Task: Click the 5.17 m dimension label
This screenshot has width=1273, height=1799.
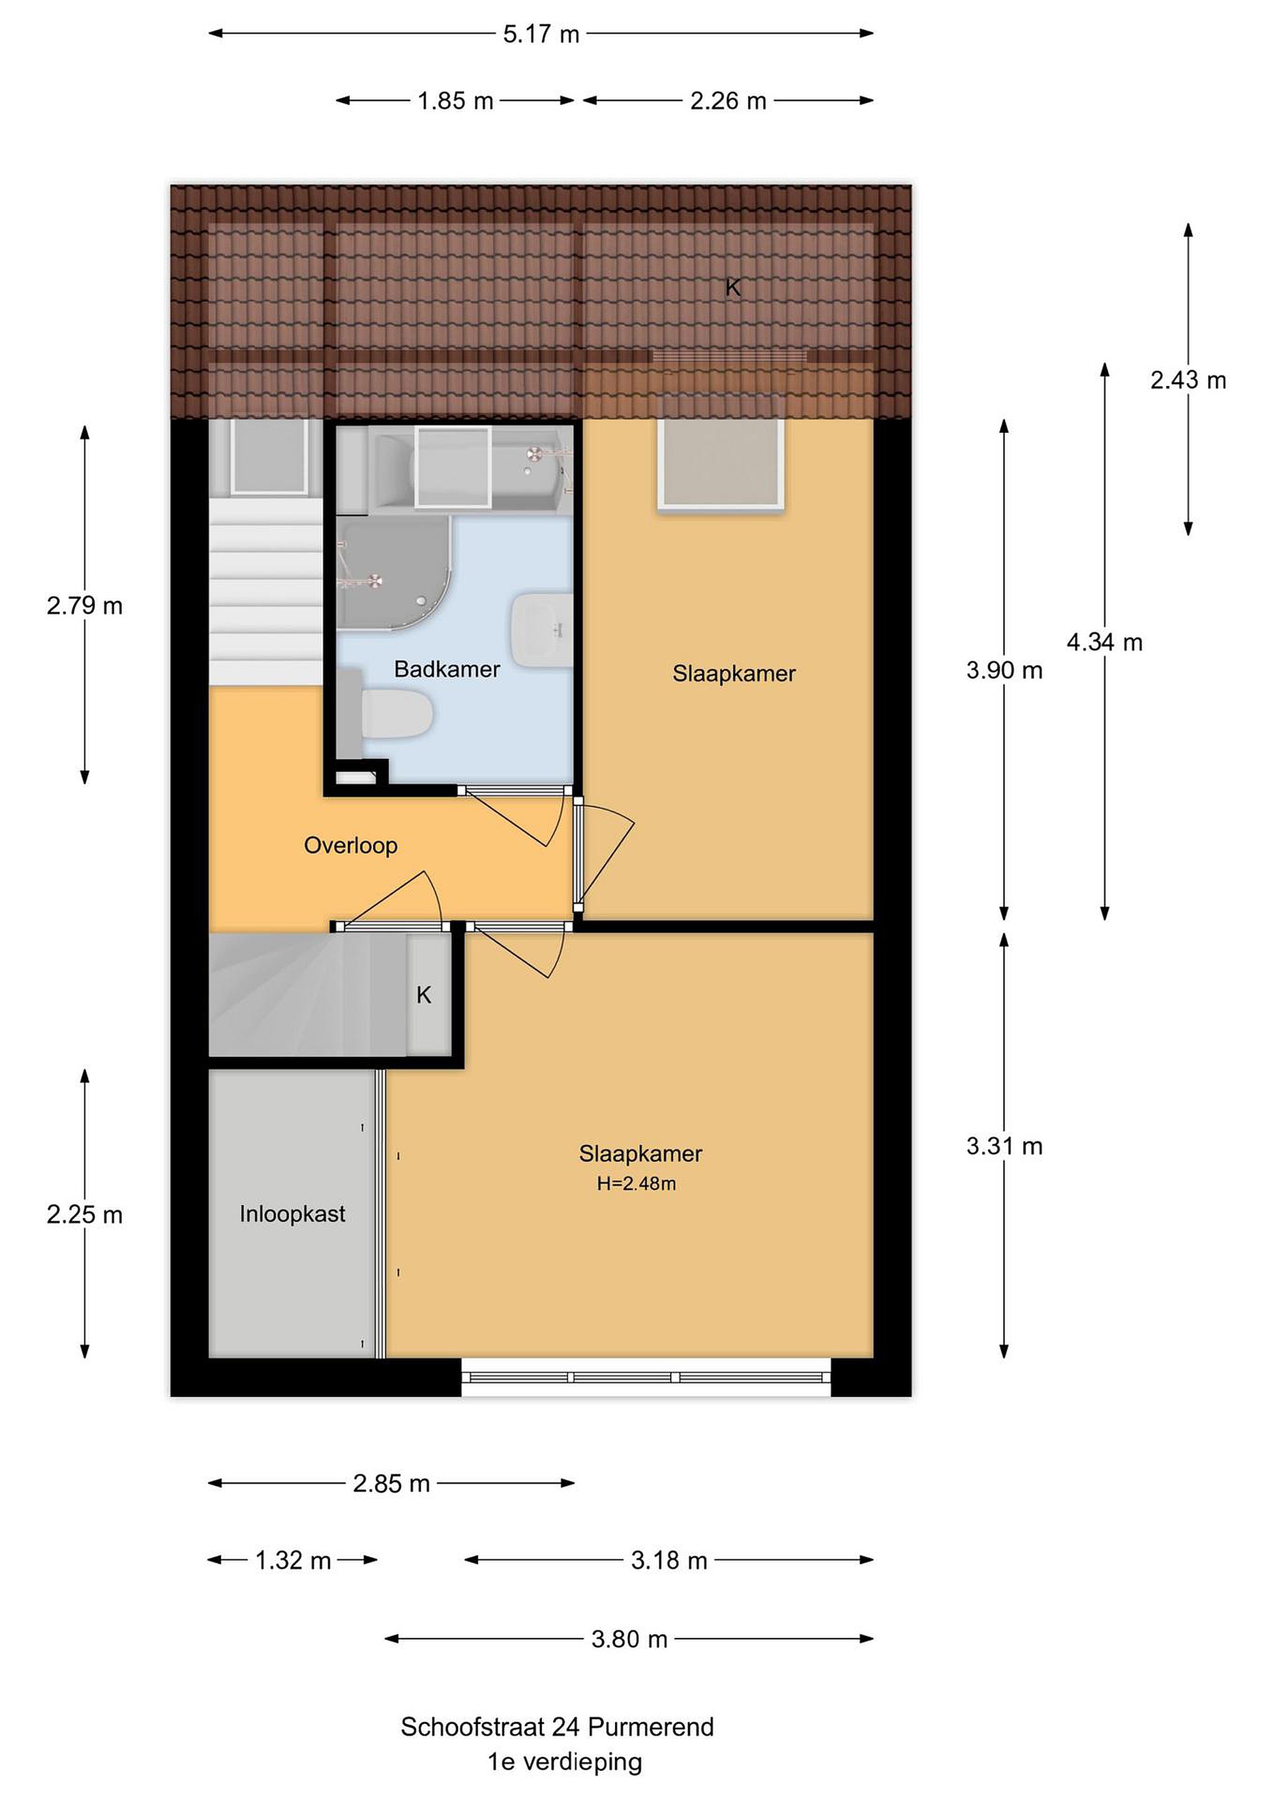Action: (x=541, y=34)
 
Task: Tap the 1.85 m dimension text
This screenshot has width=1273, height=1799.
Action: (x=456, y=101)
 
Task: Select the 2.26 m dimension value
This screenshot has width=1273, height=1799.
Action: (x=728, y=101)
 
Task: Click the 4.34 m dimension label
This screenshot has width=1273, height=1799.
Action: (x=1104, y=643)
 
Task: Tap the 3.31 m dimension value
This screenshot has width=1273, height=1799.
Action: (x=1004, y=1146)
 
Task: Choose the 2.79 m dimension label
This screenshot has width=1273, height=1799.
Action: (x=84, y=606)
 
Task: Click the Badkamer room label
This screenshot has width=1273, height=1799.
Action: (x=447, y=669)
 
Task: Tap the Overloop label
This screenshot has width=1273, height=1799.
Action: (x=351, y=845)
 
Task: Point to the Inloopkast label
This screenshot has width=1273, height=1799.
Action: (x=292, y=1214)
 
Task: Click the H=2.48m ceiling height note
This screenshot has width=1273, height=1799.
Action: (x=636, y=1184)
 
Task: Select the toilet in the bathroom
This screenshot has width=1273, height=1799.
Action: (x=392, y=711)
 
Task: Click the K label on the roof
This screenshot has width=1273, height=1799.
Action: (x=733, y=287)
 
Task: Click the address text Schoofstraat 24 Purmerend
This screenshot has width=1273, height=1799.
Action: (x=557, y=1727)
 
